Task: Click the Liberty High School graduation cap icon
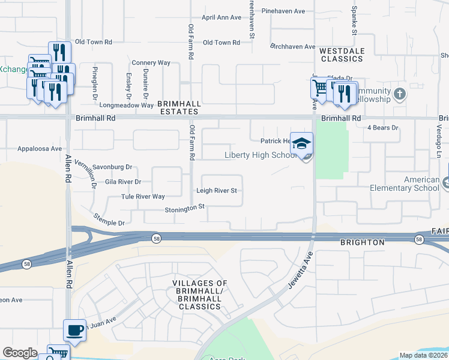tap(302, 143)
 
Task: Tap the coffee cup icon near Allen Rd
tap(74, 330)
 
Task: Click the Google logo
tap(20, 353)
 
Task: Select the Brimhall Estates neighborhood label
tap(178, 107)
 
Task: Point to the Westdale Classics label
tap(342, 55)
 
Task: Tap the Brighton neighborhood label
tap(362, 242)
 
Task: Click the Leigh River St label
tap(217, 191)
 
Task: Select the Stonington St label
tap(185, 209)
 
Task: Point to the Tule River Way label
tap(143, 196)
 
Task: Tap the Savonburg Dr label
tap(112, 167)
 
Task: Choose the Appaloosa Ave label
tap(40, 148)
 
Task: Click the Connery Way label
tap(151, 62)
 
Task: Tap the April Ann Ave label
tap(221, 17)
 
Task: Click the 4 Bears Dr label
tap(383, 127)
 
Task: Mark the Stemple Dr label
tap(109, 223)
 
